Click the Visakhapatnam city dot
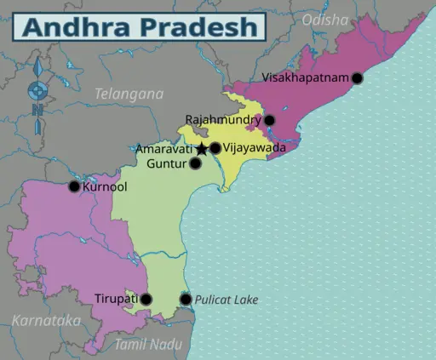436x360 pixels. (x=357, y=77)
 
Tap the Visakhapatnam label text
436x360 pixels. (x=305, y=77)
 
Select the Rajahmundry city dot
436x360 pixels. (x=269, y=120)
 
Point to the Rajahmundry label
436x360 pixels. (x=223, y=120)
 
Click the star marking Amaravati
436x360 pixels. (x=202, y=149)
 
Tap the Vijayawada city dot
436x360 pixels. (x=215, y=148)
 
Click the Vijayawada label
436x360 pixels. (x=253, y=148)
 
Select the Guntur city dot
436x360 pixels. (x=196, y=163)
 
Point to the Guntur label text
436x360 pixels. (x=167, y=163)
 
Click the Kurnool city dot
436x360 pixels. (x=74, y=186)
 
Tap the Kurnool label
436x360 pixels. (x=106, y=186)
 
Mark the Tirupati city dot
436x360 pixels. (x=146, y=299)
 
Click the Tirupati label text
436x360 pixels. (x=115, y=299)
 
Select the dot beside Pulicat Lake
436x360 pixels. (x=186, y=299)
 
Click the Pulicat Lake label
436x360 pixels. (x=226, y=300)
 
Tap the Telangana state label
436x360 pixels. (x=129, y=94)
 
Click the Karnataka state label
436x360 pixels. (x=46, y=321)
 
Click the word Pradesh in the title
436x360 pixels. (x=202, y=26)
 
